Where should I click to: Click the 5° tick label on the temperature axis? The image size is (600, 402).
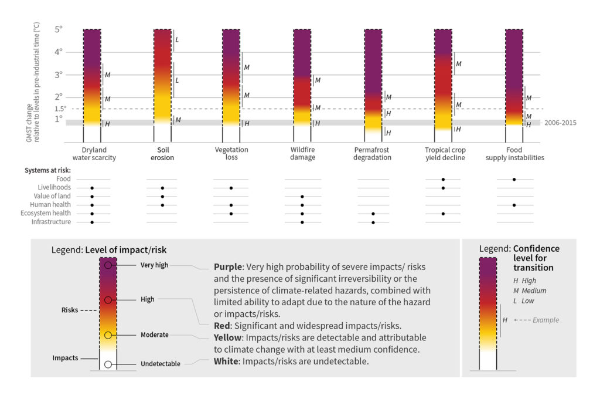click(x=58, y=29)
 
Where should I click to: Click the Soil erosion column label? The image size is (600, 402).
click(x=162, y=154)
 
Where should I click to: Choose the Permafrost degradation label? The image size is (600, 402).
click(x=373, y=154)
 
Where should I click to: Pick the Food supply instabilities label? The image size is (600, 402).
click(x=514, y=154)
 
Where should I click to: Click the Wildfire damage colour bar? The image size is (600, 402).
click(x=302, y=76)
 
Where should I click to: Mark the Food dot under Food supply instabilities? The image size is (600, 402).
click(x=514, y=179)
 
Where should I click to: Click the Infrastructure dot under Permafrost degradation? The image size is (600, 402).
click(x=373, y=222)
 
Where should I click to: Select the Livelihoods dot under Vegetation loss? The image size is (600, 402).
click(x=231, y=188)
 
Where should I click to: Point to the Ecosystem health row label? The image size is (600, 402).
click(x=51, y=214)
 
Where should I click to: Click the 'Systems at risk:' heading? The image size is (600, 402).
click(x=47, y=170)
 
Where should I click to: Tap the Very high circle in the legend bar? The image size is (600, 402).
click(x=108, y=265)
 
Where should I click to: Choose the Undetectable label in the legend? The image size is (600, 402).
click(x=160, y=364)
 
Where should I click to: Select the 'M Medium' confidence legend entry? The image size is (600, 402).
click(x=530, y=290)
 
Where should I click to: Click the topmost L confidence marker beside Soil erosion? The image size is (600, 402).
click(x=177, y=40)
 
